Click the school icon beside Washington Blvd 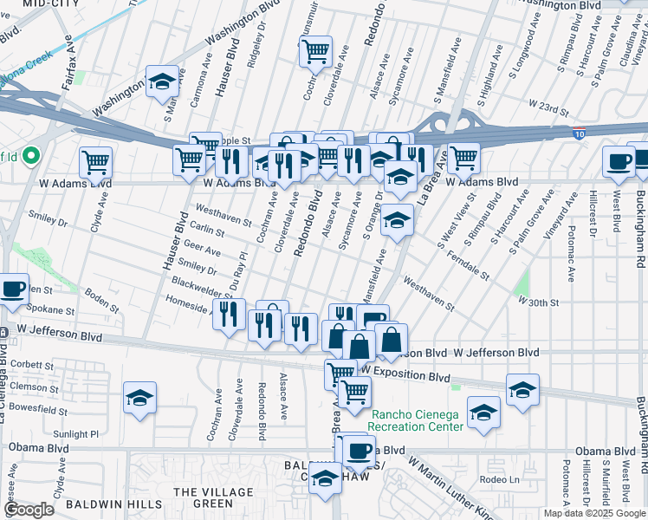click(161, 82)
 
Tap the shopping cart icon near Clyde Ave click(95, 161)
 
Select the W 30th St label click(540, 301)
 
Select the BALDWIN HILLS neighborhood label click(122, 504)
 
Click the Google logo click(29, 510)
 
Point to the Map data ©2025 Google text click(594, 513)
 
